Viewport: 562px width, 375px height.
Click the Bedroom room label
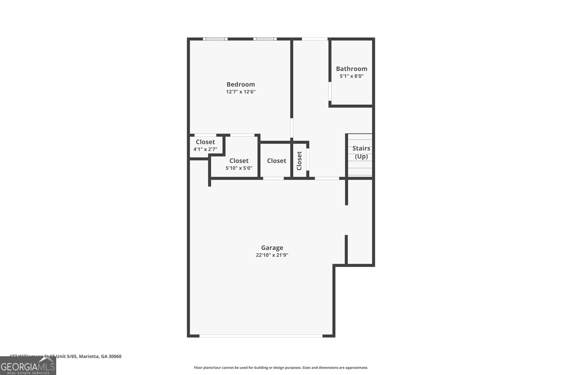point(241,84)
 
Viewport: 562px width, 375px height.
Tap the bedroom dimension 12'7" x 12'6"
point(241,92)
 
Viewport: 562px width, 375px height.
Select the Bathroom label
point(352,69)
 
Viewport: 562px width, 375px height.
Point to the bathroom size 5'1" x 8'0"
point(352,76)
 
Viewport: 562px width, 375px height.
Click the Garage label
point(272,248)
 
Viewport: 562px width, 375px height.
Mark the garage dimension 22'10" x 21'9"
point(272,256)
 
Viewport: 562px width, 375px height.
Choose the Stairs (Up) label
point(361,153)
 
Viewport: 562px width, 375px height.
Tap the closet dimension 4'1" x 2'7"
point(205,149)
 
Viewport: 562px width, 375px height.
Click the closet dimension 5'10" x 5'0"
point(239,168)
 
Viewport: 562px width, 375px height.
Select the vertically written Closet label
point(299,161)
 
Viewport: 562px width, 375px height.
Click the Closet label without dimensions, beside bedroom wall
point(276,161)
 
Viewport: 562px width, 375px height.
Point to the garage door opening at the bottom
point(261,336)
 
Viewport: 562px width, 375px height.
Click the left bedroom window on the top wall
point(215,39)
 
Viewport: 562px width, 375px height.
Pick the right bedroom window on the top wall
point(265,39)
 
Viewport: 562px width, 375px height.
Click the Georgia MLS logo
point(28,366)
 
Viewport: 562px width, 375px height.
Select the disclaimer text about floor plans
point(281,368)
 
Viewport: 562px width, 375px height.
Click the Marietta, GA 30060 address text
point(100,356)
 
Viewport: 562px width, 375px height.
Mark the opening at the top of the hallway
point(315,39)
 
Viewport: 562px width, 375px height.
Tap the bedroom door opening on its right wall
point(292,128)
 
